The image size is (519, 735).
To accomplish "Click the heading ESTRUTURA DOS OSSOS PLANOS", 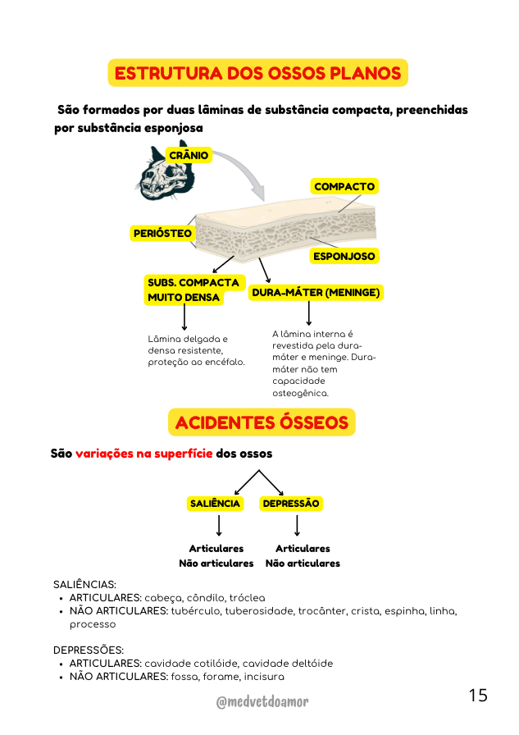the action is tap(258, 73).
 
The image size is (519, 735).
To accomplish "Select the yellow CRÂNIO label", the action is tap(189, 155).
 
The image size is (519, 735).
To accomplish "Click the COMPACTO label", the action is tap(344, 186).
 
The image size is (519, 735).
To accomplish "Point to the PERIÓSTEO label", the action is tap(162, 233).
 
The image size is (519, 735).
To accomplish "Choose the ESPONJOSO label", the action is tap(344, 256).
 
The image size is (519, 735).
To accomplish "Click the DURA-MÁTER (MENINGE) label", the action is tap(316, 293).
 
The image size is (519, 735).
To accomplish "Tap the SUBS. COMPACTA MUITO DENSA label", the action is tap(193, 290).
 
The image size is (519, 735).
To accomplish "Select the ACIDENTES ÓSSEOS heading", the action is tap(262, 422).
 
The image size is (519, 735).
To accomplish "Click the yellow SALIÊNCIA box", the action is tap(215, 504).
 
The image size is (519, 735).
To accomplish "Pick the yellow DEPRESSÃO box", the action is tap(291, 504).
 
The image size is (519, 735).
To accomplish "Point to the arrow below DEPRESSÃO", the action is tap(297, 526).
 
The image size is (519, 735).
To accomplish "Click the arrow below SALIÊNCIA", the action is tap(219, 526).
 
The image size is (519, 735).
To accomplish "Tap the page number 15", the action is tap(478, 695).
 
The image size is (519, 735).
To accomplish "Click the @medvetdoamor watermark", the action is tap(262, 701).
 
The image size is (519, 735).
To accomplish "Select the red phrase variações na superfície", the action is tap(143, 454).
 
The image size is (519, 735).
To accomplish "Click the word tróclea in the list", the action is tap(248, 598).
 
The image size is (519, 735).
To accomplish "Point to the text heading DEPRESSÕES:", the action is tap(89, 651).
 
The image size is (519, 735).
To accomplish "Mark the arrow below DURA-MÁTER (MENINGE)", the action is tap(308, 313).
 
